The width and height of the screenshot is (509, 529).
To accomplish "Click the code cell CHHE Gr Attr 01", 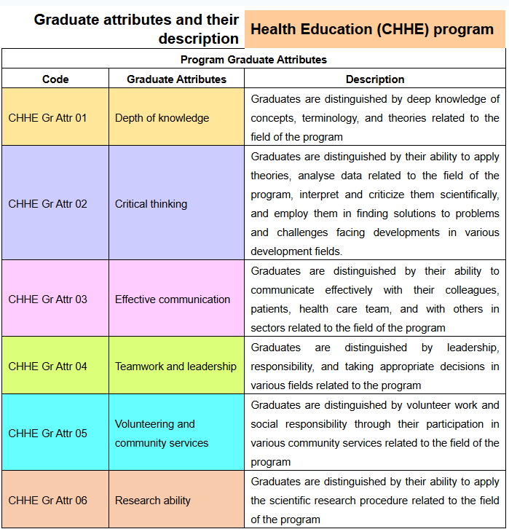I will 47,118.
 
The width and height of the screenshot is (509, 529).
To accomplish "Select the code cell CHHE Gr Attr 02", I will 47,204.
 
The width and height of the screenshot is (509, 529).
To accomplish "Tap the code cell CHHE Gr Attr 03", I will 47,299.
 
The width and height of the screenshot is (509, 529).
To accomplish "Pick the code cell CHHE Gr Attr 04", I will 47,367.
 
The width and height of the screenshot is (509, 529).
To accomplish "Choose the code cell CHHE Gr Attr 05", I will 47,434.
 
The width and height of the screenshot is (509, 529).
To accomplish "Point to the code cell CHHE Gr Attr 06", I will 47,501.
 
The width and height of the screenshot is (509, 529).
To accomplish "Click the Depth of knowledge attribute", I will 162,118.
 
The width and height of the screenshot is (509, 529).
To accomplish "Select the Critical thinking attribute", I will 151,204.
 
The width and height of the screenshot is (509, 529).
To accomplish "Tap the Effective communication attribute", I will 173,299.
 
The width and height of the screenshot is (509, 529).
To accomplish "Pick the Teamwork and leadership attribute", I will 175,367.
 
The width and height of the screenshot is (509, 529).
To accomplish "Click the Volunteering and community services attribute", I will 155,434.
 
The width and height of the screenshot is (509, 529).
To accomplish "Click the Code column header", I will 55,79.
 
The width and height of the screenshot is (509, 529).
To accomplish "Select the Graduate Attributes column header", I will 176,79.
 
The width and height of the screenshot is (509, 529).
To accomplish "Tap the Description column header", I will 375,79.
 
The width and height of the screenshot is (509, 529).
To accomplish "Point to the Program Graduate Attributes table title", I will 253,60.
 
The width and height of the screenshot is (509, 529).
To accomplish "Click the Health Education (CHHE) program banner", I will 372,30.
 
